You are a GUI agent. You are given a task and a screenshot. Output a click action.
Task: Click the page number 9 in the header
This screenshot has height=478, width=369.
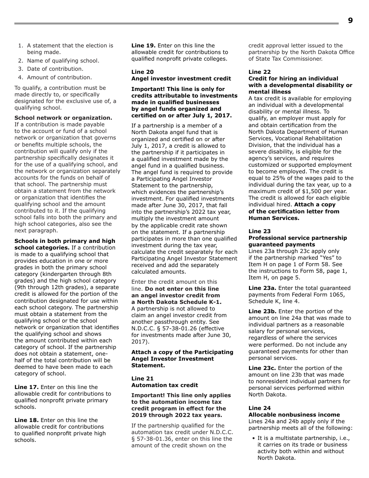[x=350, y=21]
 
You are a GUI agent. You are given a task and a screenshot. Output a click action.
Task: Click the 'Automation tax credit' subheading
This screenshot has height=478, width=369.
[x=165, y=385]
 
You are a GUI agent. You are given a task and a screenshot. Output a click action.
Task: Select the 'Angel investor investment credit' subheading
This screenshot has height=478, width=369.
[x=181, y=79]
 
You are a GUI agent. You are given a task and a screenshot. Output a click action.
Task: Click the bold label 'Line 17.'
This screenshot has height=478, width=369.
[x=26, y=387]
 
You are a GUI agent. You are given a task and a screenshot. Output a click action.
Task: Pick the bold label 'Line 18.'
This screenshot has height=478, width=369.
[x=26, y=420]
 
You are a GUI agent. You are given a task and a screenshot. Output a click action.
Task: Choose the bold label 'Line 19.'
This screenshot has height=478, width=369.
[x=143, y=45]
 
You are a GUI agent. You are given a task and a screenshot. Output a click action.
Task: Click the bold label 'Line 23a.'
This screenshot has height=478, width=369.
[x=262, y=288]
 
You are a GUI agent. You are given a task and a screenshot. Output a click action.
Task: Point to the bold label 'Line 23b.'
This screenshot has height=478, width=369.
[x=263, y=311]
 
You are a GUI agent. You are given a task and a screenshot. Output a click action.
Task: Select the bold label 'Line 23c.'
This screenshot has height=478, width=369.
[x=262, y=368]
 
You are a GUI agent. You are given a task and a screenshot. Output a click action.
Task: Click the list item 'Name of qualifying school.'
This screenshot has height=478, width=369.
[x=63, y=61]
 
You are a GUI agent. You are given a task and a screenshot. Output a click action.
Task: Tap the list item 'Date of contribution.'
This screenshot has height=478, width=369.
[x=55, y=69]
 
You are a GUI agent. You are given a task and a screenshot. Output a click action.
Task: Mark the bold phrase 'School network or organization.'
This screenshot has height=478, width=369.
[x=63, y=118]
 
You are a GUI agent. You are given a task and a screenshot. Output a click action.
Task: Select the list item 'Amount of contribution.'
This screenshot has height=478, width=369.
[x=59, y=77]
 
